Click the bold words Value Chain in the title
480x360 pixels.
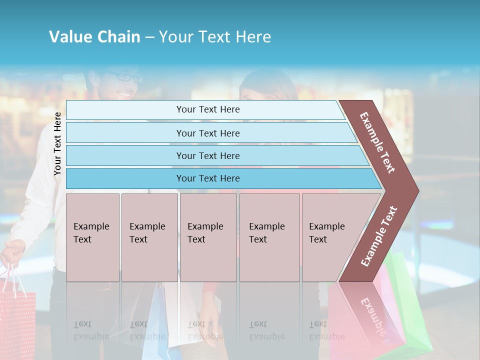(94, 37)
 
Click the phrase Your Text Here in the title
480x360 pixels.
(215, 37)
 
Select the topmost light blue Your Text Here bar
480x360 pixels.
(207, 109)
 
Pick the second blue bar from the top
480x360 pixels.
(207, 133)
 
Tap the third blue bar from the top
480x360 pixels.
(207, 155)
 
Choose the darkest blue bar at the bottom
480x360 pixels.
(207, 178)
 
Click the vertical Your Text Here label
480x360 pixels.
(57, 143)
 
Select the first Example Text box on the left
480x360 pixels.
(92, 237)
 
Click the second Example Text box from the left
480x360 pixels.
(149, 237)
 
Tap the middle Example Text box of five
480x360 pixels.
(208, 237)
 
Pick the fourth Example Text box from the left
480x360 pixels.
(269, 237)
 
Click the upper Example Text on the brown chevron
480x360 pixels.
(377, 142)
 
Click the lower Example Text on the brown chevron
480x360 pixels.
(379, 236)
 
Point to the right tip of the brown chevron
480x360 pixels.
(417, 191)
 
